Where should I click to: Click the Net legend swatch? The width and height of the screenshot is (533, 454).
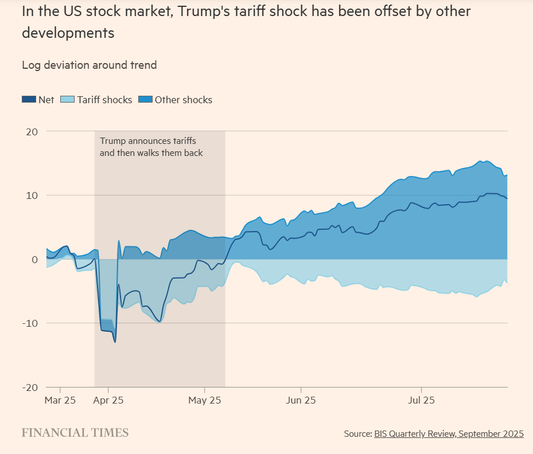click(29, 100)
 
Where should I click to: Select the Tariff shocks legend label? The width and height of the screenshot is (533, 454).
click(104, 100)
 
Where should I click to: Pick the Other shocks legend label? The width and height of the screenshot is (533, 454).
click(183, 100)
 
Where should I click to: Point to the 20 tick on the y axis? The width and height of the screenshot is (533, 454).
click(32, 131)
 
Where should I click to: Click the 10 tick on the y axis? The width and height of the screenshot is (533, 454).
click(32, 195)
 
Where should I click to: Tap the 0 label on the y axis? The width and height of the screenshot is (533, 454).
click(35, 260)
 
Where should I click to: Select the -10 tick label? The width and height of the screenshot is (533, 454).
click(30, 323)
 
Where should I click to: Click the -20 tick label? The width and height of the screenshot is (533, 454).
click(30, 388)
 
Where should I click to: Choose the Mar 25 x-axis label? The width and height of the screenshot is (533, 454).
click(60, 400)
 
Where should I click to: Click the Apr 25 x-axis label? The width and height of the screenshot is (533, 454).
click(108, 400)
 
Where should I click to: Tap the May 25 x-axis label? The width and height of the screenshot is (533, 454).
click(205, 400)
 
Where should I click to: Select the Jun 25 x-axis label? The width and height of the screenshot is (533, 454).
click(302, 400)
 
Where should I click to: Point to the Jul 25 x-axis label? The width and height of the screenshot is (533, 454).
click(422, 400)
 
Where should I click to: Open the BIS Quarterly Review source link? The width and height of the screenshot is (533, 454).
click(449, 434)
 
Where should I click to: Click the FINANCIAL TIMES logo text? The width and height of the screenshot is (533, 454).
click(75, 433)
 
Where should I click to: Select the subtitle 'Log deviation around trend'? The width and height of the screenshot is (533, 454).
click(89, 65)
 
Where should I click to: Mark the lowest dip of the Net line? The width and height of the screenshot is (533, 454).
click(115, 342)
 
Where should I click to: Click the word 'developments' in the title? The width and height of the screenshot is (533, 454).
click(68, 33)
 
